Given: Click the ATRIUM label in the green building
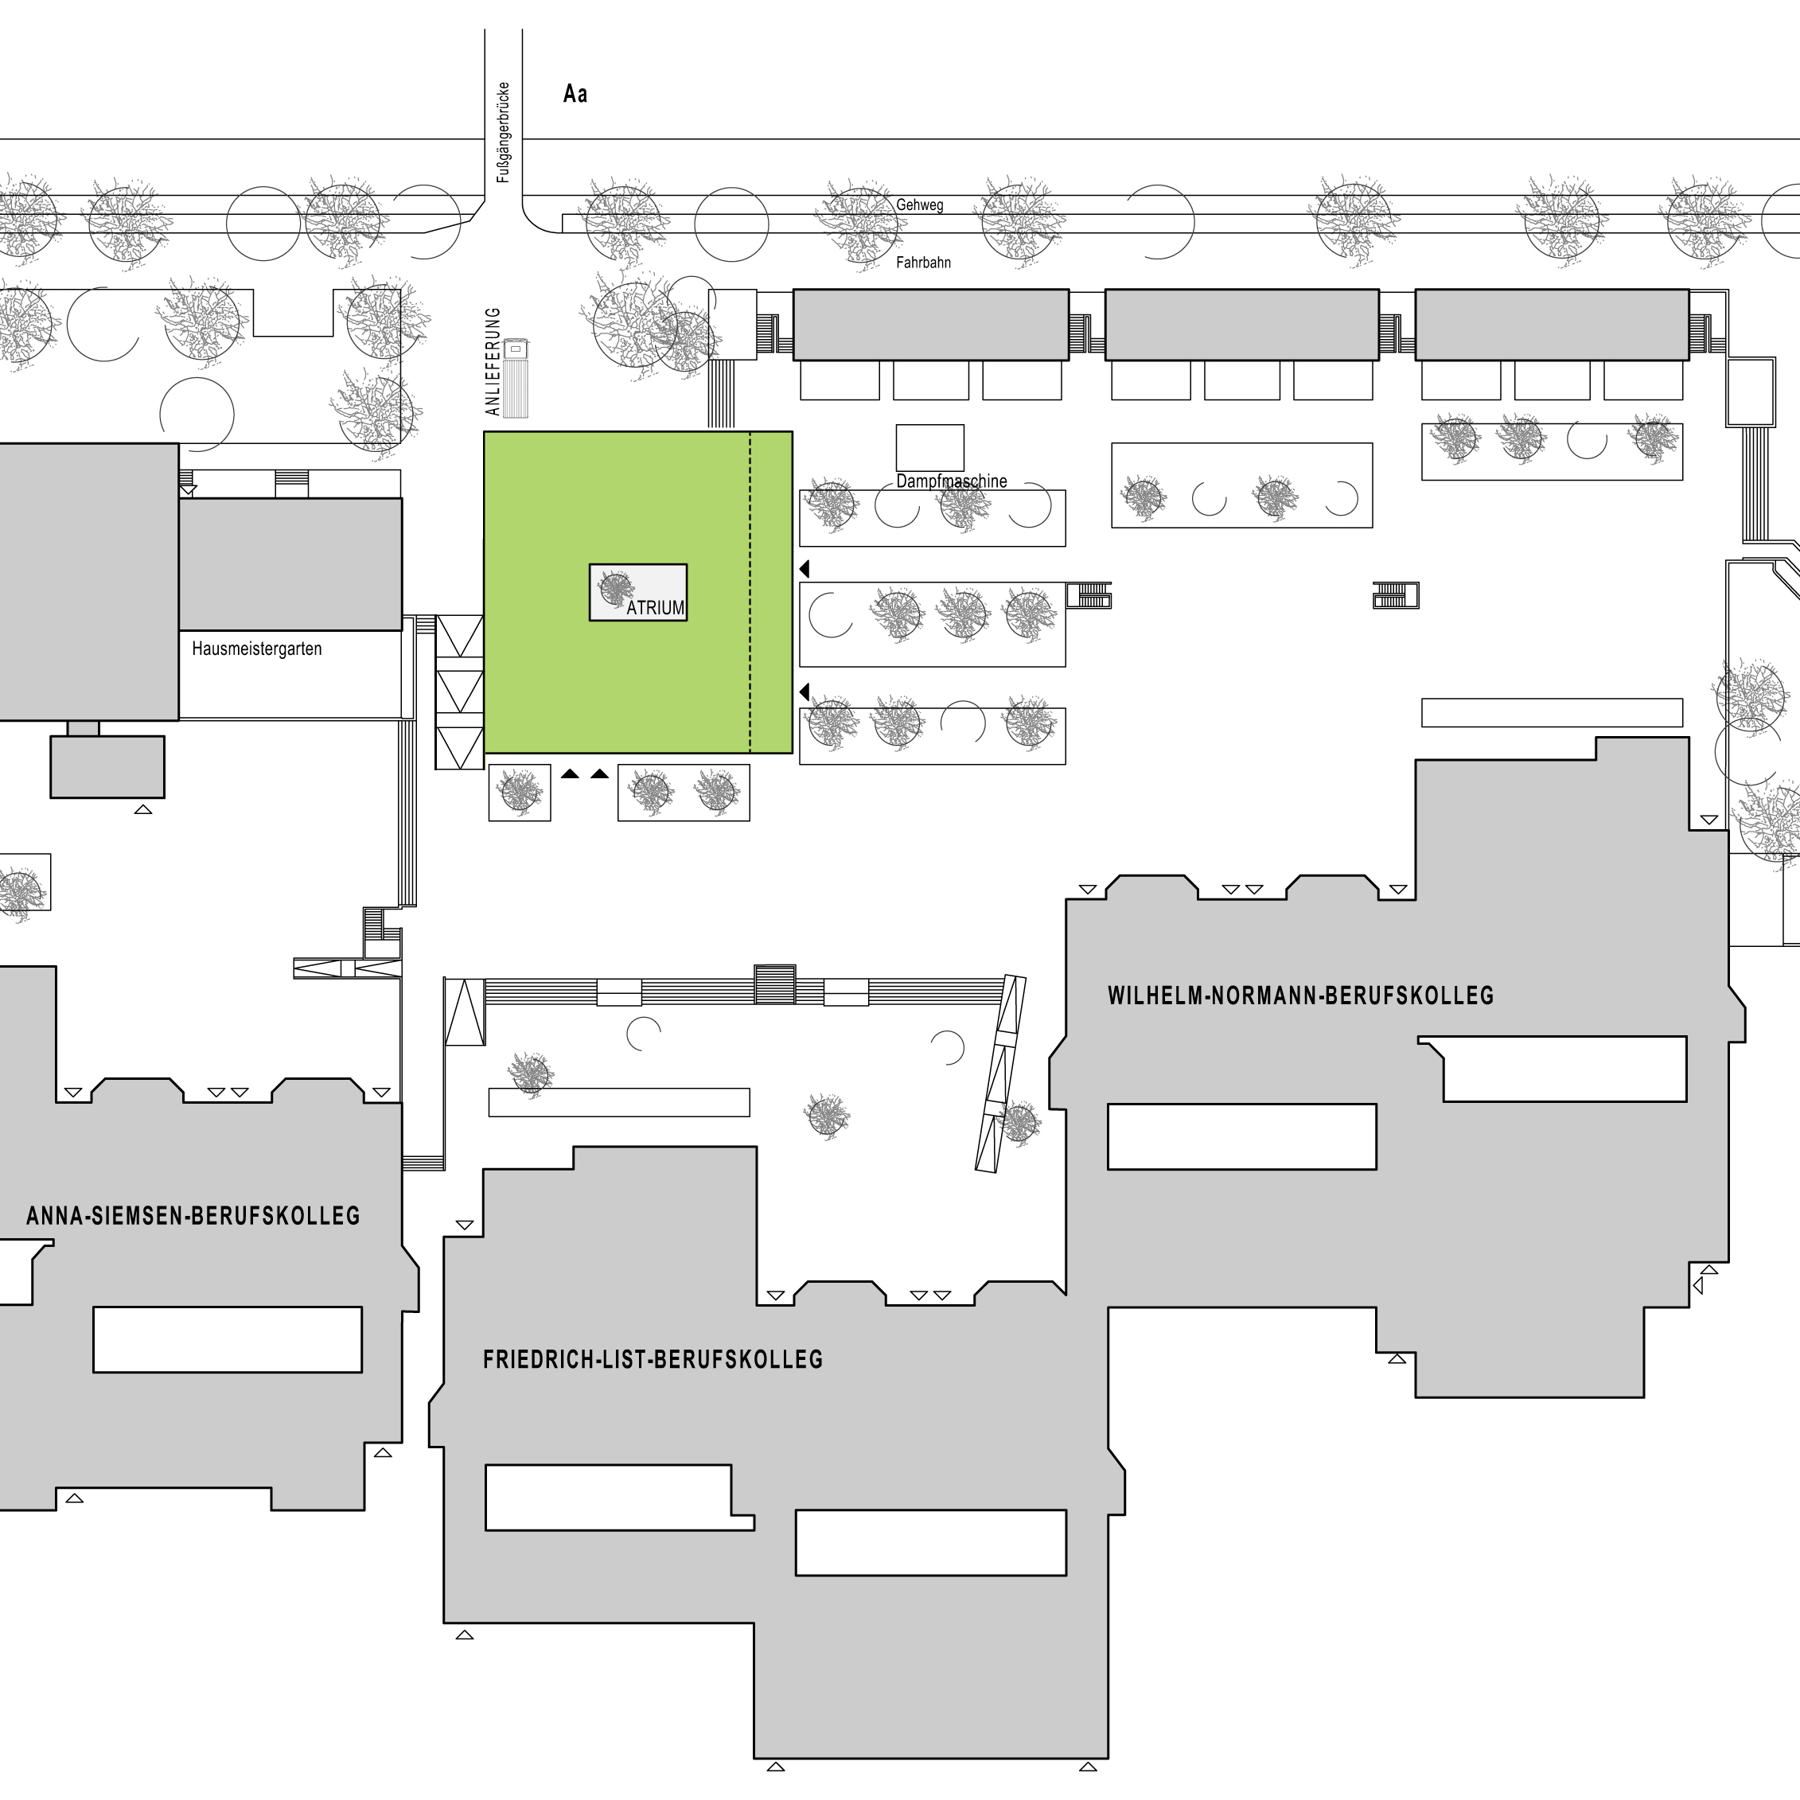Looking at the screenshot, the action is (x=656, y=607).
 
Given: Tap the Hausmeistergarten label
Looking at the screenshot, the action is (x=257, y=649).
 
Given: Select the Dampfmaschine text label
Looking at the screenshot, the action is (x=951, y=481).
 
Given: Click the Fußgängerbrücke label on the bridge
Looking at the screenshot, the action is (x=503, y=132).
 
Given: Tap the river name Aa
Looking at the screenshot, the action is (x=575, y=93).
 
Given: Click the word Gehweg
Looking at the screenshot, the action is (x=920, y=205).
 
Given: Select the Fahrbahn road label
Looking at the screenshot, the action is (x=923, y=263).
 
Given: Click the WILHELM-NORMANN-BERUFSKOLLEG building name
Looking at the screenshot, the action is (x=1300, y=995).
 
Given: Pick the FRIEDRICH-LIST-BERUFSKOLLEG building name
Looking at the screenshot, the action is (x=653, y=1359).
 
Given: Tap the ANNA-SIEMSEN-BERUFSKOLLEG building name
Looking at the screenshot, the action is (x=193, y=1215).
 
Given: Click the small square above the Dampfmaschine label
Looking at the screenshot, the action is (x=929, y=448).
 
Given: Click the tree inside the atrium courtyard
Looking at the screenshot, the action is (x=615, y=588).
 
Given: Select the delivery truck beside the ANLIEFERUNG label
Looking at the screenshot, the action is (x=515, y=378).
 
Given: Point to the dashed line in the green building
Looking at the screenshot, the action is (x=750, y=593).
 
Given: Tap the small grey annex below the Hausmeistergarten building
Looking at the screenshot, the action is (x=107, y=767).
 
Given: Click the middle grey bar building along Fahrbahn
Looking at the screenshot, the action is (x=1242, y=324).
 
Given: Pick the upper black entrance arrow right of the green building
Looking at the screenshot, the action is (x=804, y=568).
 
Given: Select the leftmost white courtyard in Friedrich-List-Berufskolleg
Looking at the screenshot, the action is (x=618, y=1497).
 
